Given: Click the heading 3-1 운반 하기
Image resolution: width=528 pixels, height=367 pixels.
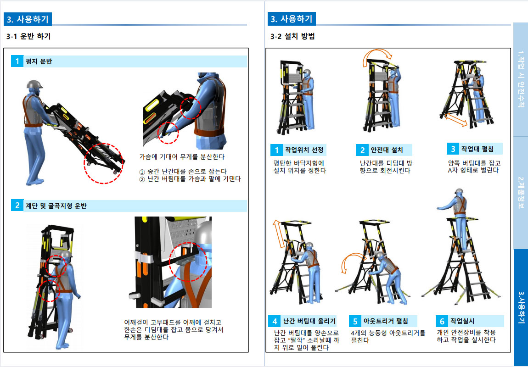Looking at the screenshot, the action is coord(28,36).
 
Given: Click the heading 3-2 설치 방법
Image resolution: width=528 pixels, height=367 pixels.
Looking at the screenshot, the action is coord(292,36).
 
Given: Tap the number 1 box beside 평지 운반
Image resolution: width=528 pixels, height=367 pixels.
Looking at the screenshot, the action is coord(17,61).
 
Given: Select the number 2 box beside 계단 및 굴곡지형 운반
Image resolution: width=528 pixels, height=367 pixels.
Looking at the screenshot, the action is coord(17,205).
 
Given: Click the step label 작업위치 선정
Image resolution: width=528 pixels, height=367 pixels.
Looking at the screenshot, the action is coord(304,150).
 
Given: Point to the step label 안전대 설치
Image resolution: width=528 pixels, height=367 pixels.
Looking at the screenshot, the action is coord(387,150).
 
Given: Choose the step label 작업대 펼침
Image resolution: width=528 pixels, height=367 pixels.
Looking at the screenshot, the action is coord(477,149).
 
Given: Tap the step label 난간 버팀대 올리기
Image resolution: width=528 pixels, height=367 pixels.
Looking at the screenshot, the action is coord(309,321).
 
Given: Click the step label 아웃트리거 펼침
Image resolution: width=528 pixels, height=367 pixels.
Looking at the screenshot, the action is coord(386,321).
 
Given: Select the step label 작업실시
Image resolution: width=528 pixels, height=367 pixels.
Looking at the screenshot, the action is coord(462,321).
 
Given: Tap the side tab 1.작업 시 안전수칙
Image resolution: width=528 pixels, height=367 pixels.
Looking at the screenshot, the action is coord(521,79).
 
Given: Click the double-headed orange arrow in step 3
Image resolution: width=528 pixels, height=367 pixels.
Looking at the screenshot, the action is coord(455,120).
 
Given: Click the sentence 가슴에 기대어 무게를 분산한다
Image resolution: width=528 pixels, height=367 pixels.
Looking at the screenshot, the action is coord(182,157).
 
